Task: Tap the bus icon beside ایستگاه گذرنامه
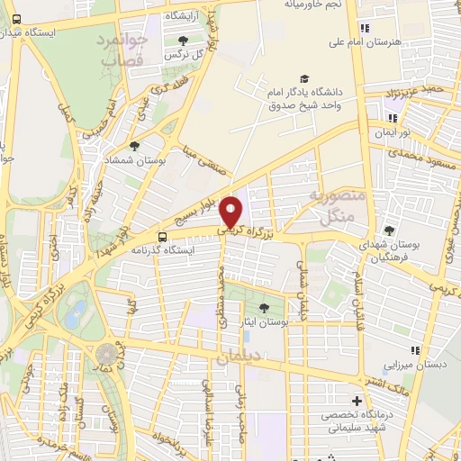[161, 239]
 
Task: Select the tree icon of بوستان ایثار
[264, 308]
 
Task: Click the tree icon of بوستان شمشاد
[134, 145]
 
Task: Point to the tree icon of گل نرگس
[183, 41]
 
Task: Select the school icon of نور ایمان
[392, 117]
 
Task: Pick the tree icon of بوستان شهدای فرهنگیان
[389, 230]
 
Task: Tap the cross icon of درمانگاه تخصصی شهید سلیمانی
[357, 401]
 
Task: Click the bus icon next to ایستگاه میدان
[17, 19]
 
